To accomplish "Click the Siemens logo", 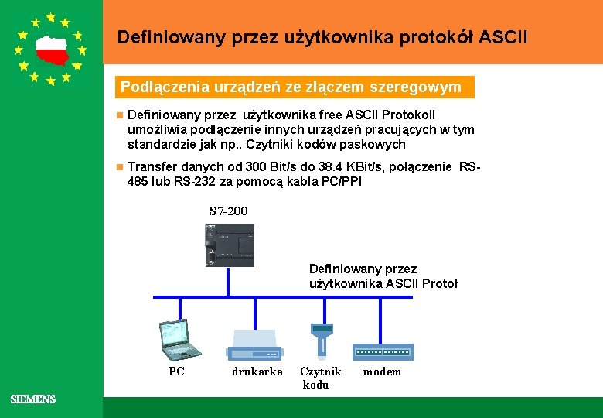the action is click(33, 399).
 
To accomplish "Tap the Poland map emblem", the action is click(51, 51).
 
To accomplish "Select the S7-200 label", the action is click(229, 211).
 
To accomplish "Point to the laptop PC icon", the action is click(177, 340).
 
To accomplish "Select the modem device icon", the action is click(383, 351).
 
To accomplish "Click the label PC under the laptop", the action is click(176, 372).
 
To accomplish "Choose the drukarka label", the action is click(257, 372).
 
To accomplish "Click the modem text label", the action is click(383, 372).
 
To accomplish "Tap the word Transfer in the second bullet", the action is click(151, 166).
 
